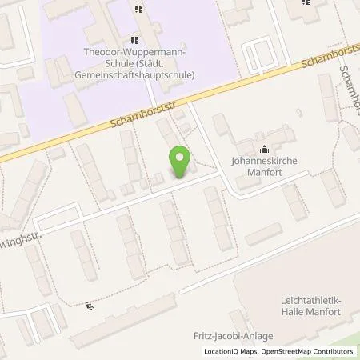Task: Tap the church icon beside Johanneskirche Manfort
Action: [x=264, y=148]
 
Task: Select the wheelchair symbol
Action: [x=90, y=305]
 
